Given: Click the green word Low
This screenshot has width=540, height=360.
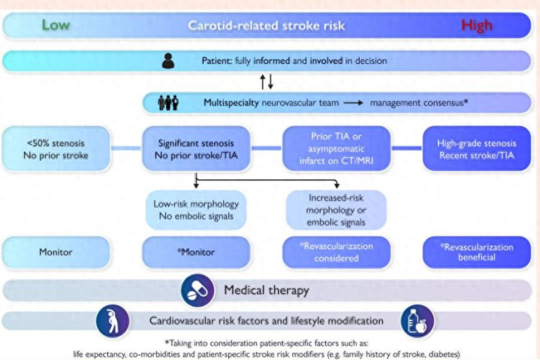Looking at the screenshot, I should pyautogui.click(x=56, y=25).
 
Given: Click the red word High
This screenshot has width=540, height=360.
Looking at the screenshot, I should pyautogui.click(x=477, y=26).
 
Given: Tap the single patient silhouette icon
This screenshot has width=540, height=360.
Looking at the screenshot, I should pyautogui.click(x=169, y=60).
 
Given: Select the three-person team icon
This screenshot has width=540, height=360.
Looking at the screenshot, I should pyautogui.click(x=167, y=101).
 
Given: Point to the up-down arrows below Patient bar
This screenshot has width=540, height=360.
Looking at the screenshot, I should pyautogui.click(x=267, y=80).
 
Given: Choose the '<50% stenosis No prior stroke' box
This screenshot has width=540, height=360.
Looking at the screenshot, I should pyautogui.click(x=56, y=149).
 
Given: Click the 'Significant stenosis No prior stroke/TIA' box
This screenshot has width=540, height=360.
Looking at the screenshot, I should pyautogui.click(x=195, y=149).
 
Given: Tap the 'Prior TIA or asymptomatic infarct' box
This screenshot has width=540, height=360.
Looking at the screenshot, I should pyautogui.click(x=336, y=149).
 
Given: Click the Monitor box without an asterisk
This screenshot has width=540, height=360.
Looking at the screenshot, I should pyautogui.click(x=56, y=252).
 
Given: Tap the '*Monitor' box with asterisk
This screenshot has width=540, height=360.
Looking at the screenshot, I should pyautogui.click(x=195, y=252).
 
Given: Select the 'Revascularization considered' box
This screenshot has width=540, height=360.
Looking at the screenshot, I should pyautogui.click(x=336, y=252).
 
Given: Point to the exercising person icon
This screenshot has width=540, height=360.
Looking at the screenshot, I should pyautogui.click(x=113, y=321).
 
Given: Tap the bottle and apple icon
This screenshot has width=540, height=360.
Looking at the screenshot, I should pyautogui.click(x=417, y=321).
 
